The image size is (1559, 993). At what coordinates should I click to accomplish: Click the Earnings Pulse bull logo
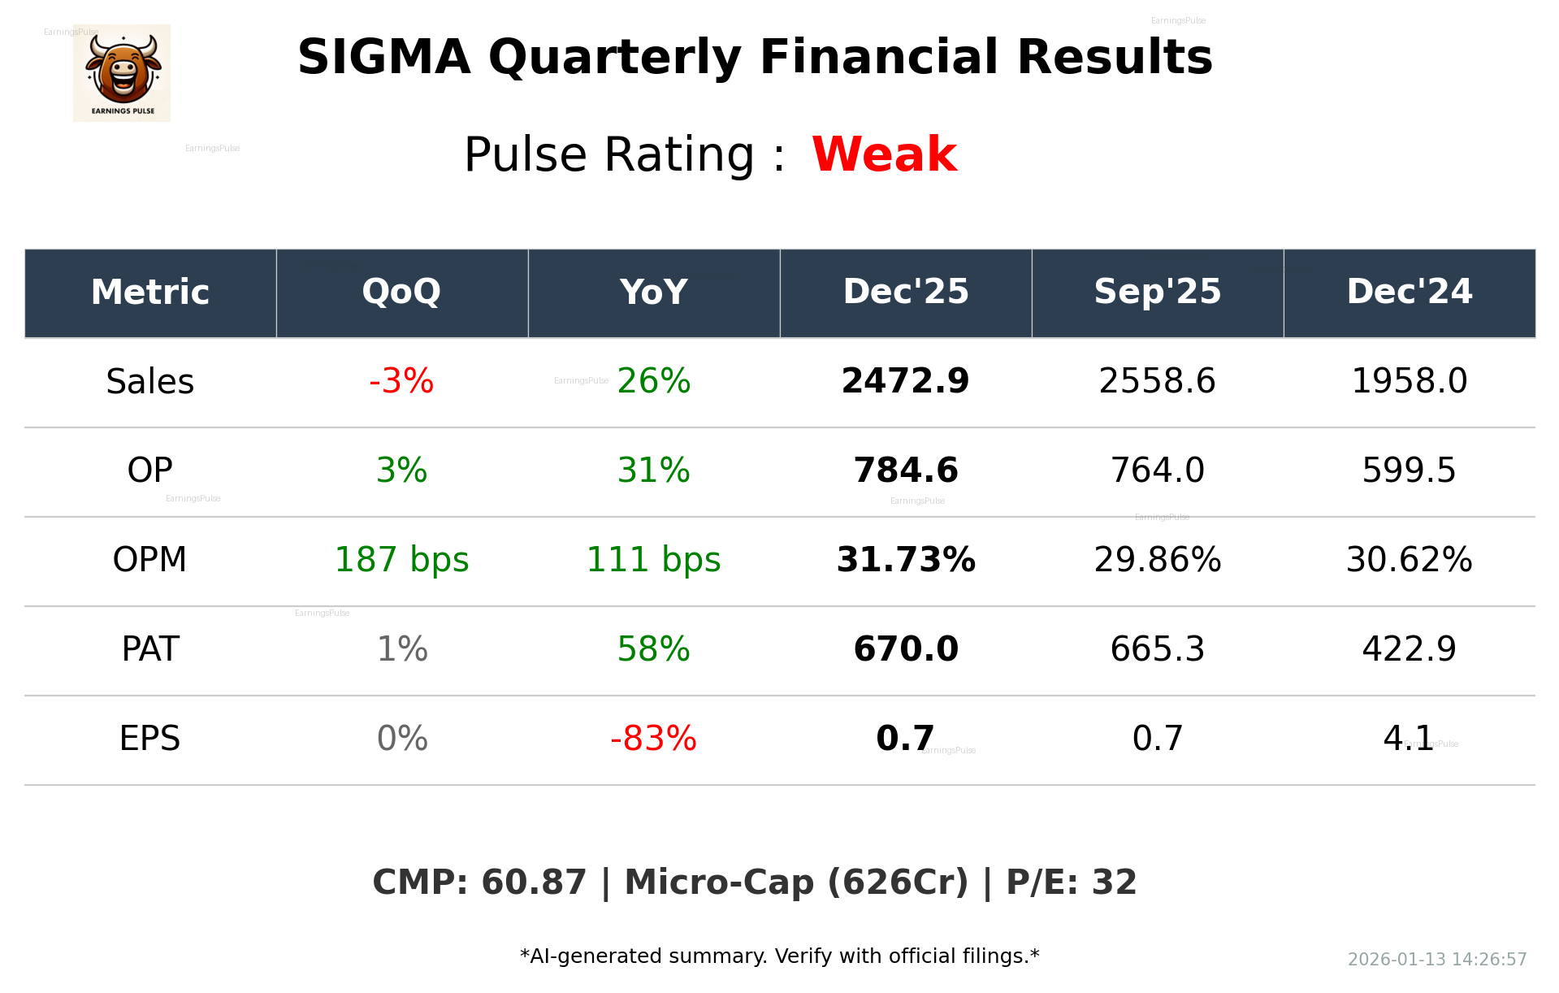[122, 72]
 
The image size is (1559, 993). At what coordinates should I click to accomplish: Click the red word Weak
[884, 154]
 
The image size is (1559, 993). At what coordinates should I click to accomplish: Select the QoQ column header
[401, 292]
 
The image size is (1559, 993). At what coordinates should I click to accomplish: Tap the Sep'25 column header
[1157, 292]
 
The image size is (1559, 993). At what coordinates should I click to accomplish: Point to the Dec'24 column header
[1409, 292]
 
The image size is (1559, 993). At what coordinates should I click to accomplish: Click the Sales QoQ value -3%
[401, 381]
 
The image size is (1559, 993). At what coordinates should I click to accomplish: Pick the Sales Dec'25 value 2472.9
[905, 381]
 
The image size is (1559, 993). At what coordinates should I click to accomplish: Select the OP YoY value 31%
[653, 470]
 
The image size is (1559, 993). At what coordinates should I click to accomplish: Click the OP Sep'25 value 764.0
[1157, 470]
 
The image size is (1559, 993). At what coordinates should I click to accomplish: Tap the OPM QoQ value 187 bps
[401, 560]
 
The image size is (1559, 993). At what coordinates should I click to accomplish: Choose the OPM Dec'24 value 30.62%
[1409, 560]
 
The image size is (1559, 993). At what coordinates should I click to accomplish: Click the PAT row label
[150, 649]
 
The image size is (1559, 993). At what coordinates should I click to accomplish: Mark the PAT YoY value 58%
[653, 649]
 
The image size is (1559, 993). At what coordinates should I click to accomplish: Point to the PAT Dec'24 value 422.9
[1409, 649]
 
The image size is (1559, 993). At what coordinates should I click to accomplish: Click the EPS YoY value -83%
[653, 739]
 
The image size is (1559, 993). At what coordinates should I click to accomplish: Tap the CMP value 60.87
[533, 882]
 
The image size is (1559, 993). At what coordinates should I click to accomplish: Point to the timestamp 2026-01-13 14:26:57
[1436, 960]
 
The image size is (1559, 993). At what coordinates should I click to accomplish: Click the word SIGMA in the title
[383, 58]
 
